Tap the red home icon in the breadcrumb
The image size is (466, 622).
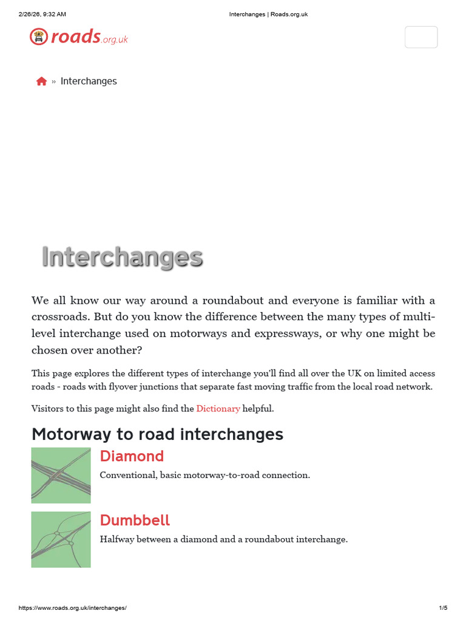point(41,81)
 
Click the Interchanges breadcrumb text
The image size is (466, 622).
point(89,81)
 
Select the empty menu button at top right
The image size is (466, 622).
point(421,37)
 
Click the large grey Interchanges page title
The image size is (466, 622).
point(122,258)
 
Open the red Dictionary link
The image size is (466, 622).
point(218,409)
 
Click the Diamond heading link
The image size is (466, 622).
point(132,456)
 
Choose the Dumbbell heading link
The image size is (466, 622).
point(135,521)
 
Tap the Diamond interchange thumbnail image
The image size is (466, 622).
point(61,476)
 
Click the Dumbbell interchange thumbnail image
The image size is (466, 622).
point(61,539)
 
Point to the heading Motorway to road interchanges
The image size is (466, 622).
point(157,434)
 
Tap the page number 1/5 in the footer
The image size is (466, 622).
point(442,608)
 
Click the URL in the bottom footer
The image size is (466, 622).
point(72,608)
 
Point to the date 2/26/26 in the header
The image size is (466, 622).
point(30,14)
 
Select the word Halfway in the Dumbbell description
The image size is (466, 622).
point(117,539)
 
